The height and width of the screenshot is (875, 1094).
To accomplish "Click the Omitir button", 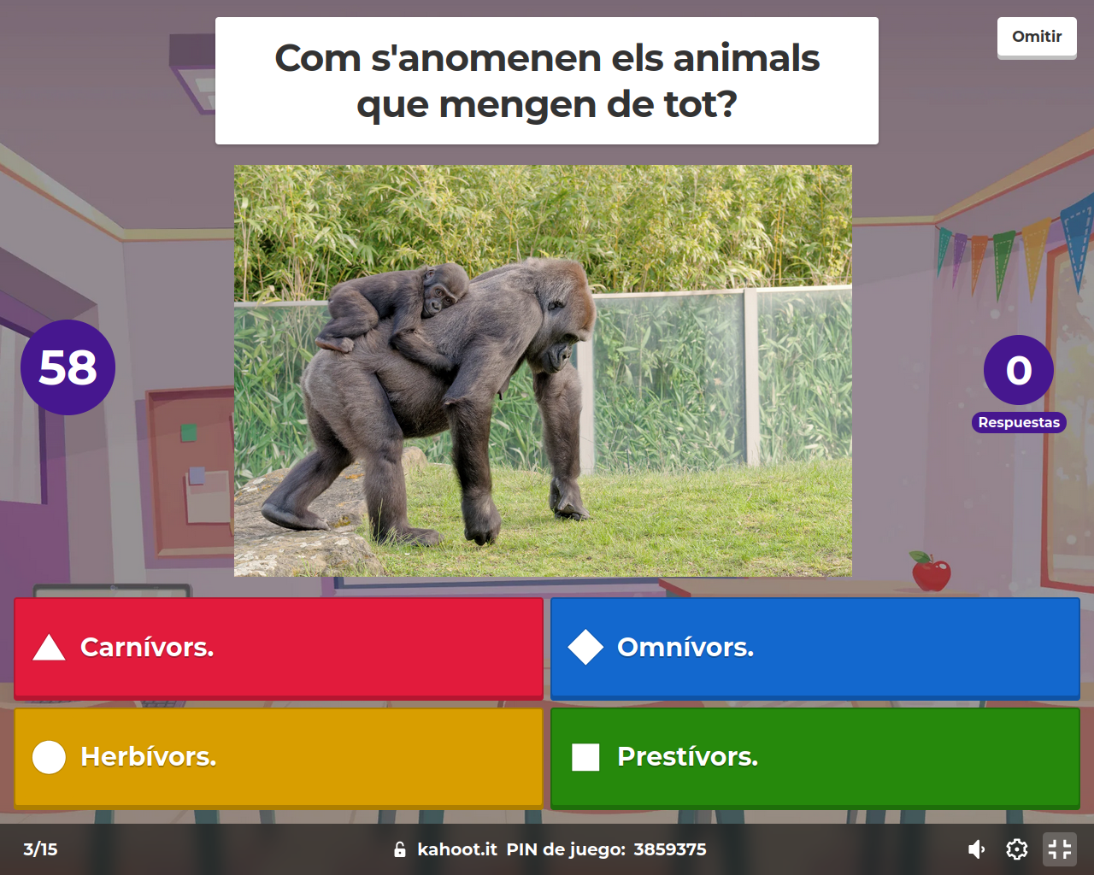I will tap(1036, 38).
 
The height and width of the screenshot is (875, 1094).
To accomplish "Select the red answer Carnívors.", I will tap(279, 649).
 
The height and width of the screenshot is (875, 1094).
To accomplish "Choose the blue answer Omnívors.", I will tap(815, 649).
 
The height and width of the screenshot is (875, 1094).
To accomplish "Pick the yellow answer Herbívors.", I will tap(279, 757).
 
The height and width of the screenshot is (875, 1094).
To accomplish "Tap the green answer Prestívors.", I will tap(815, 757).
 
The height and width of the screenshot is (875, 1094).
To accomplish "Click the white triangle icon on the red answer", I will tap(49, 649).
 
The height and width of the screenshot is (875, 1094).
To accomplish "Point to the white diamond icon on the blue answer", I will tap(585, 648).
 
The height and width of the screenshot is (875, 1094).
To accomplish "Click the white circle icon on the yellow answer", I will tap(49, 757).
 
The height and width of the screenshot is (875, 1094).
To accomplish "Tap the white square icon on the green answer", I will tap(585, 757).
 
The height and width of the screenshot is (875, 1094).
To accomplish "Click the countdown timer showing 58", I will tap(68, 367).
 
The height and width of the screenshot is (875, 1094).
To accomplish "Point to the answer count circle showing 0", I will tap(1018, 370).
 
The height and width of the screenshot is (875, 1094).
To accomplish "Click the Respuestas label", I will tap(1019, 422).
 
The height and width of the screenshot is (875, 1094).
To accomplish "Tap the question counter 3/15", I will tap(40, 849).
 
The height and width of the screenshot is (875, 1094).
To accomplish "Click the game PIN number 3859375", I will tap(670, 849).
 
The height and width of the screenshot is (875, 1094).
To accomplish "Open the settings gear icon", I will tap(1016, 849).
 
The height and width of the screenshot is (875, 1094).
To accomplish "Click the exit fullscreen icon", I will tap(1059, 849).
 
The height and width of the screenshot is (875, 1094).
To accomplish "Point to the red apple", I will tap(931, 573).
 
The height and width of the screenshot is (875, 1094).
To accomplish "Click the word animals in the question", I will tap(746, 59).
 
